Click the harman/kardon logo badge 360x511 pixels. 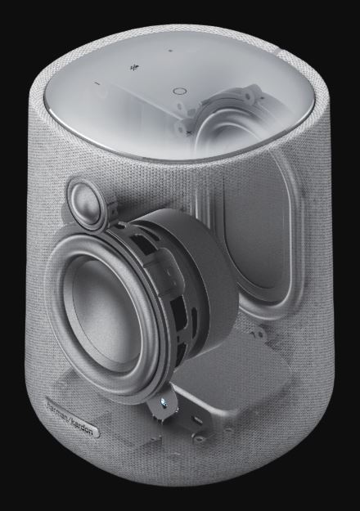click(x=73, y=416)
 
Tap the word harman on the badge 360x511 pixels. click(x=58, y=410)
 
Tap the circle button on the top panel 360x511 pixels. click(x=178, y=91)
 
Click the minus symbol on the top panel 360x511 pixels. click(x=97, y=83)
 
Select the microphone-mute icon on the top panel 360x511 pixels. click(x=134, y=68)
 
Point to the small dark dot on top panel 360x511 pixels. click(x=170, y=51)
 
